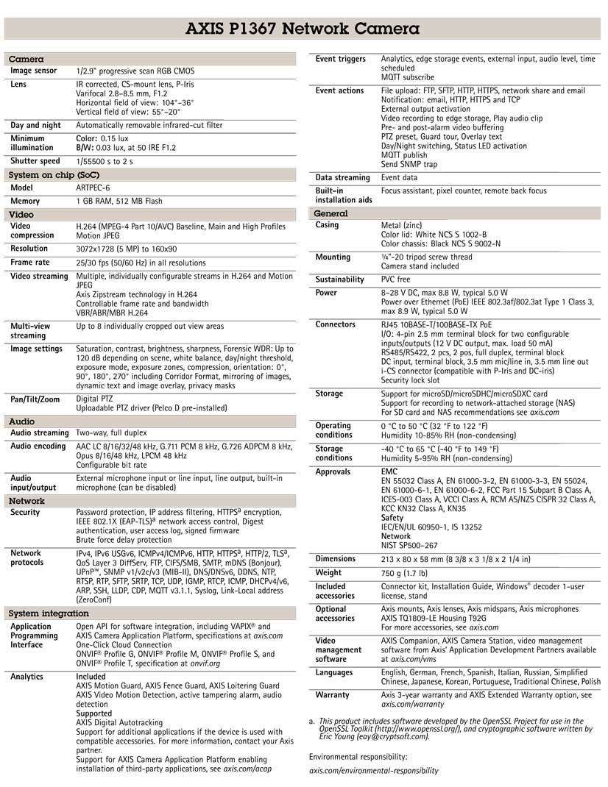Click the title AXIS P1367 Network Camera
coord(303,29)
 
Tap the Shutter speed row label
coord(35,161)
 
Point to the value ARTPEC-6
coord(93,188)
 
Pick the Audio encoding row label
coord(38,446)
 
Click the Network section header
coord(26,501)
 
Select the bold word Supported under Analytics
coord(94,713)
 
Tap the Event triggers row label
coord(340,59)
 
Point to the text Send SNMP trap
coord(409,164)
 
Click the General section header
coord(330,213)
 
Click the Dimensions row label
coord(338,559)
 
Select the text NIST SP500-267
coord(409,546)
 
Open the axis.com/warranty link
coord(413,704)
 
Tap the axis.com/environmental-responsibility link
coord(373,771)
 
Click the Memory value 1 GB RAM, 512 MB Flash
coord(119,201)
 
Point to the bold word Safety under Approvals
coord(392,518)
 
